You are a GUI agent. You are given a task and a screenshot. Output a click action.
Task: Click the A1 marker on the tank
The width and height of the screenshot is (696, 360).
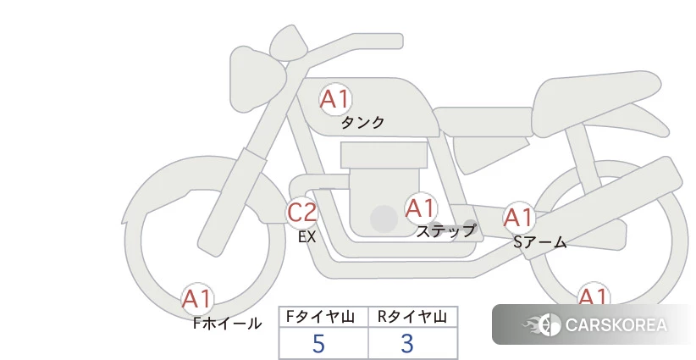point(335,99)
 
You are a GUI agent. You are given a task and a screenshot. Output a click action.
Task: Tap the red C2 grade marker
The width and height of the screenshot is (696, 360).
point(301,212)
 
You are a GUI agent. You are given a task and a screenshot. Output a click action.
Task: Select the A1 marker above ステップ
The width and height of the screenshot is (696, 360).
point(421,208)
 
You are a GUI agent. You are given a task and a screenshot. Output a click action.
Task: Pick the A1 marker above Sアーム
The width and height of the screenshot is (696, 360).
point(518,218)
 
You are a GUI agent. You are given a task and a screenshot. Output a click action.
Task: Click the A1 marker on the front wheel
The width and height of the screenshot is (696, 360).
point(197,299)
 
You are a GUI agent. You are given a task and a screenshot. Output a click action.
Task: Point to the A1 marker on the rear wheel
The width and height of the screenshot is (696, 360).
point(593,294)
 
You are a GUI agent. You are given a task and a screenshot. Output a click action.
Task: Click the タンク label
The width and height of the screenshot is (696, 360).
point(362,122)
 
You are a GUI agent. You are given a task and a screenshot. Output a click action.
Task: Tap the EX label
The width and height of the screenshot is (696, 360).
point(307,237)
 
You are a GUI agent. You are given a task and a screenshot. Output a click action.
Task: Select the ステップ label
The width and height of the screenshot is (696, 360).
point(446,231)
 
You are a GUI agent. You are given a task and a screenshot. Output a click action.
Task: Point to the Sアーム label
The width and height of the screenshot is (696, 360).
point(539,242)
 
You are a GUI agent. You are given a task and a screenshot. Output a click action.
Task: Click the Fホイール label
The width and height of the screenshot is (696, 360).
point(227,324)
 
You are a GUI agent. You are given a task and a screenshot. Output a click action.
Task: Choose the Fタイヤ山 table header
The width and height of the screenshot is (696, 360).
point(320,317)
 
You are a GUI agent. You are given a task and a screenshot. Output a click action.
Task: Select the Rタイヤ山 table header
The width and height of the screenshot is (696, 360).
point(412,317)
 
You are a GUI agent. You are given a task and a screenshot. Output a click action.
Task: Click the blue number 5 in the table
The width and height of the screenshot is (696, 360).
point(318,344)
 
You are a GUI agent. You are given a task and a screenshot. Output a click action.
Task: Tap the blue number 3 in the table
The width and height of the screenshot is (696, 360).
point(407,344)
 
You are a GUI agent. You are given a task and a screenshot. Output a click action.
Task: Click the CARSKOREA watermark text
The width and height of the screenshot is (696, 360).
point(616,325)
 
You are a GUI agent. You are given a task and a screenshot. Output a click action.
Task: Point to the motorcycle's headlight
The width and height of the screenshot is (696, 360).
point(257,79)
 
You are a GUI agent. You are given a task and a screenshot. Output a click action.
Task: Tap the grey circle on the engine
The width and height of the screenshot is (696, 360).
point(384,219)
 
